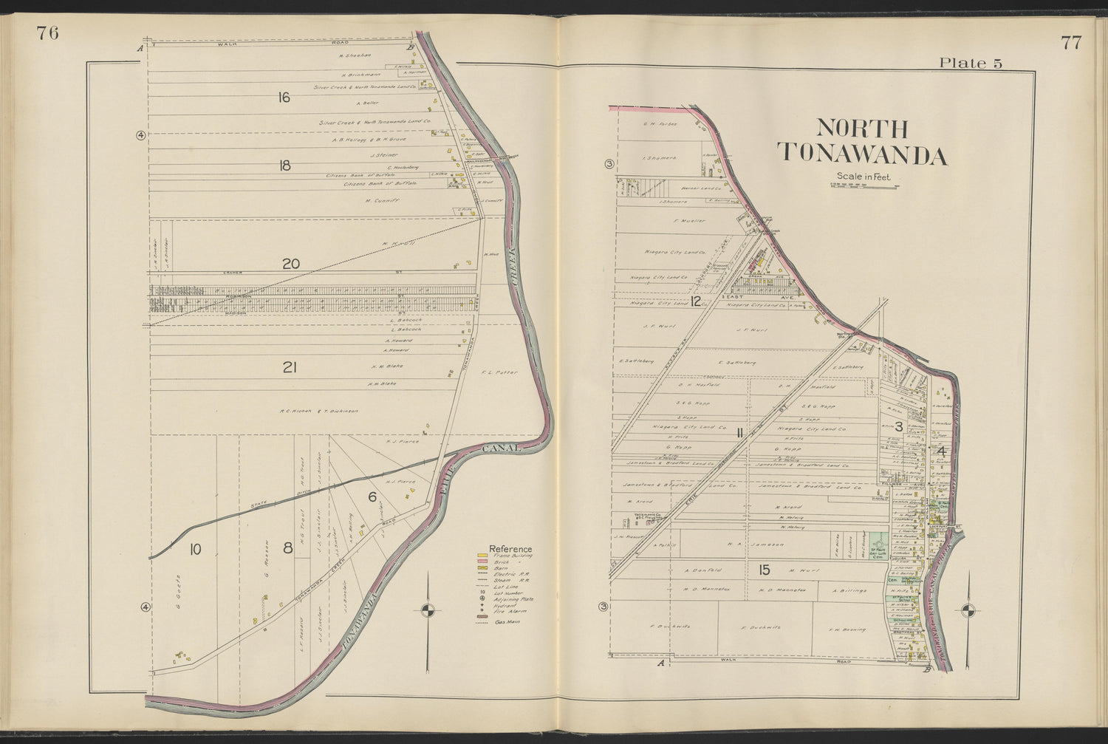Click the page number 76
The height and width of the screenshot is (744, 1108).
(47, 34)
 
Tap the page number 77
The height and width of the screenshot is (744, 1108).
(1071, 42)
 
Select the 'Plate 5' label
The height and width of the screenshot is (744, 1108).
(970, 63)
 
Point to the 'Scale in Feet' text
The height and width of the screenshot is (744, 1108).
(864, 176)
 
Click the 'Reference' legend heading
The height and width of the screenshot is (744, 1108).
(510, 549)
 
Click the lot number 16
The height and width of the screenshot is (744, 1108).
(284, 97)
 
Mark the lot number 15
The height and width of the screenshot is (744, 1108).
(764, 570)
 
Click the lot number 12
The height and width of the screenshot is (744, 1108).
(696, 301)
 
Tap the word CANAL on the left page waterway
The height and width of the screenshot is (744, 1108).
(502, 448)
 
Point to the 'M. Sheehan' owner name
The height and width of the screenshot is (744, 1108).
(353, 55)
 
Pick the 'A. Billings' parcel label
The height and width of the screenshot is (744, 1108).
(847, 590)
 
